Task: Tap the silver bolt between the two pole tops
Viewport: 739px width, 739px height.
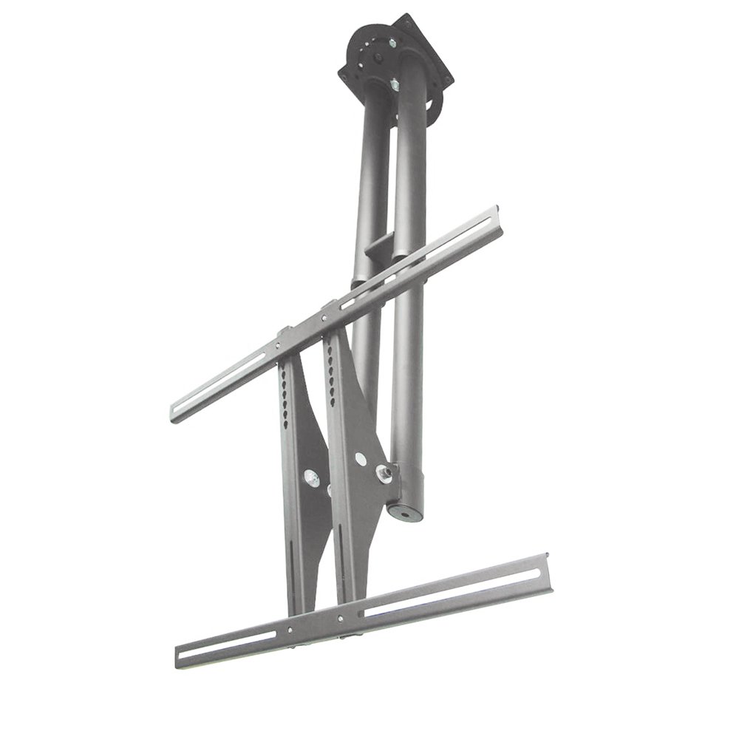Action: tap(394, 86)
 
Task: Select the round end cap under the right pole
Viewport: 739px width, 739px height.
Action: tap(407, 510)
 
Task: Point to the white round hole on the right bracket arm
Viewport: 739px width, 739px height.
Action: tap(360, 459)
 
